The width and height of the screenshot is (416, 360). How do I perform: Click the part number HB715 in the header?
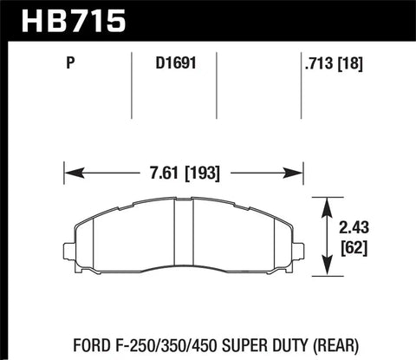point(74,20)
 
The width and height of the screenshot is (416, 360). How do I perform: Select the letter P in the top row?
point(70,62)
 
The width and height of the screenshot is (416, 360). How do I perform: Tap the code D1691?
point(176,62)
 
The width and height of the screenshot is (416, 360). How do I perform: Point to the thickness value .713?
point(319,62)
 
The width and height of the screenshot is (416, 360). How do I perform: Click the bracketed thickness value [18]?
point(350,63)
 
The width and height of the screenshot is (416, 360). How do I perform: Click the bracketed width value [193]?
point(202,173)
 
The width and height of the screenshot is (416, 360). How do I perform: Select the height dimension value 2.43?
point(354,228)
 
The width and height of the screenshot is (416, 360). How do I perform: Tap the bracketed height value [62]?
point(354,248)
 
